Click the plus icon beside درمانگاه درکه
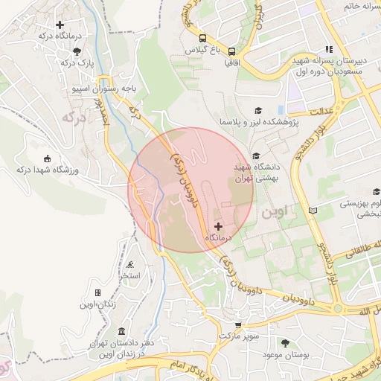tap(60, 25)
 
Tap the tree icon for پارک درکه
tap(78, 51)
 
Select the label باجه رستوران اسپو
tap(102, 88)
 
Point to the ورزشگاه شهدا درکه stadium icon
tap(48, 159)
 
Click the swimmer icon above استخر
tap(131, 265)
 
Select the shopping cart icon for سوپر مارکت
tap(237, 325)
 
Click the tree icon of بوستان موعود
tap(286, 342)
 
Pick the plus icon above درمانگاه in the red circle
tap(218, 225)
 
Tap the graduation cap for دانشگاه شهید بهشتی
tap(257, 156)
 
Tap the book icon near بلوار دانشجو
tap(313, 211)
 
